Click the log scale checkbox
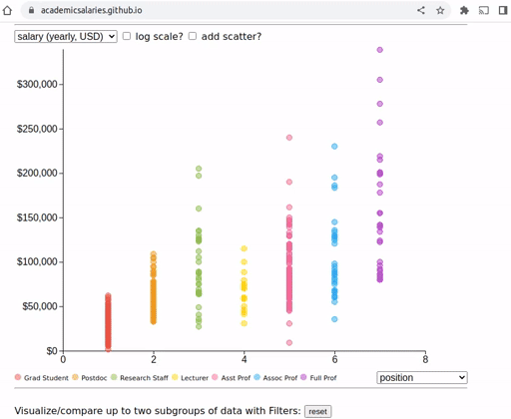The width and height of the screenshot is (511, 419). pos(127,36)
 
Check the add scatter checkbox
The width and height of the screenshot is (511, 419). pos(193,36)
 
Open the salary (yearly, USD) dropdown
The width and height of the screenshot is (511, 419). pos(66,36)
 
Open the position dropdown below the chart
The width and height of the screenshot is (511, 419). pos(422,377)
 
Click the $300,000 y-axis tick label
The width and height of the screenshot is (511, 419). pos(37,84)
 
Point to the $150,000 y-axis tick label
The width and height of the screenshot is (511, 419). pos(37,217)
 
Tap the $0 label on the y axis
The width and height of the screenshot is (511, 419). pos(52,351)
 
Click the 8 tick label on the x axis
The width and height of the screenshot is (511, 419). pos(425,359)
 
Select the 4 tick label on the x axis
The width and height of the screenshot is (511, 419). pos(245,359)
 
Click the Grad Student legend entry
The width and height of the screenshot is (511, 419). pos(42,377)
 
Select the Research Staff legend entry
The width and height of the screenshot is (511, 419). pos(140,377)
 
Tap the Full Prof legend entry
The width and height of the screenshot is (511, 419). pos(318,377)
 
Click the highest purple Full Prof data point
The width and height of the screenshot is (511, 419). pos(380,50)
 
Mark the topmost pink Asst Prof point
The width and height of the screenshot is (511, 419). pos(289,138)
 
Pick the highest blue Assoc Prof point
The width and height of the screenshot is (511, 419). pos(334,147)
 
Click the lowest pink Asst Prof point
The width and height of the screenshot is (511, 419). pos(289,342)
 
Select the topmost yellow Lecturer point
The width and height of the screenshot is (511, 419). pos(244,248)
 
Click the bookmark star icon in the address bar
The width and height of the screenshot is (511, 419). pos(440,10)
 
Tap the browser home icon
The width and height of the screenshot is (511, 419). pos(7,10)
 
